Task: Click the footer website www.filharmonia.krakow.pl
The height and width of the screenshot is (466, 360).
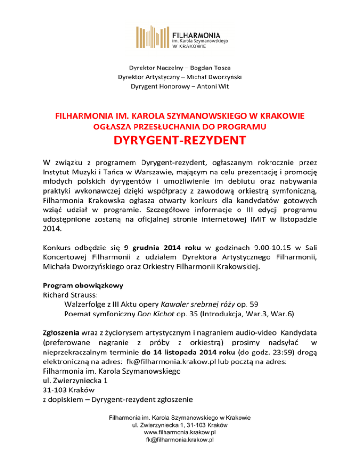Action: point(180,444)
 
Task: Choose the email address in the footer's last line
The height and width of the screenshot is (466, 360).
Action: point(180,452)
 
